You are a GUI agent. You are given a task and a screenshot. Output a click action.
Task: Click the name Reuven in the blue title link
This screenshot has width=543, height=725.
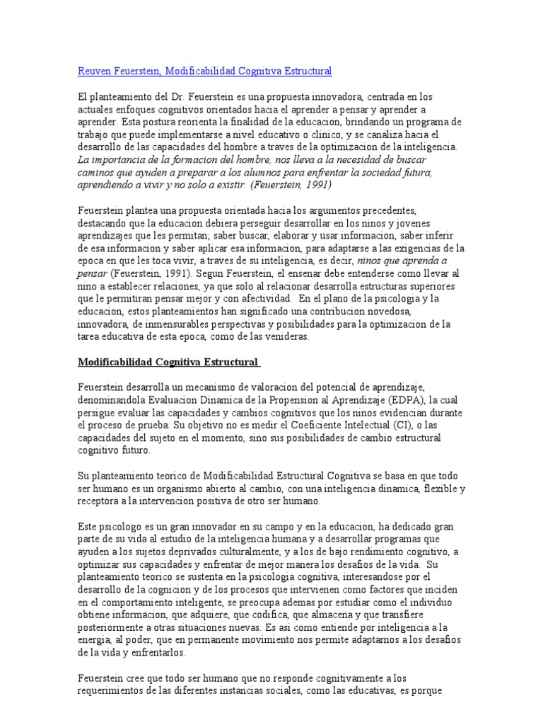pyautogui.click(x=95, y=72)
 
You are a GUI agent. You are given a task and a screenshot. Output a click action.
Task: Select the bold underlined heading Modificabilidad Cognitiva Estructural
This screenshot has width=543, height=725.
pyautogui.click(x=168, y=362)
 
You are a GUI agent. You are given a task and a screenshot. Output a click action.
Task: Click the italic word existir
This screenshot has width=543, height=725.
pyautogui.click(x=268, y=185)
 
